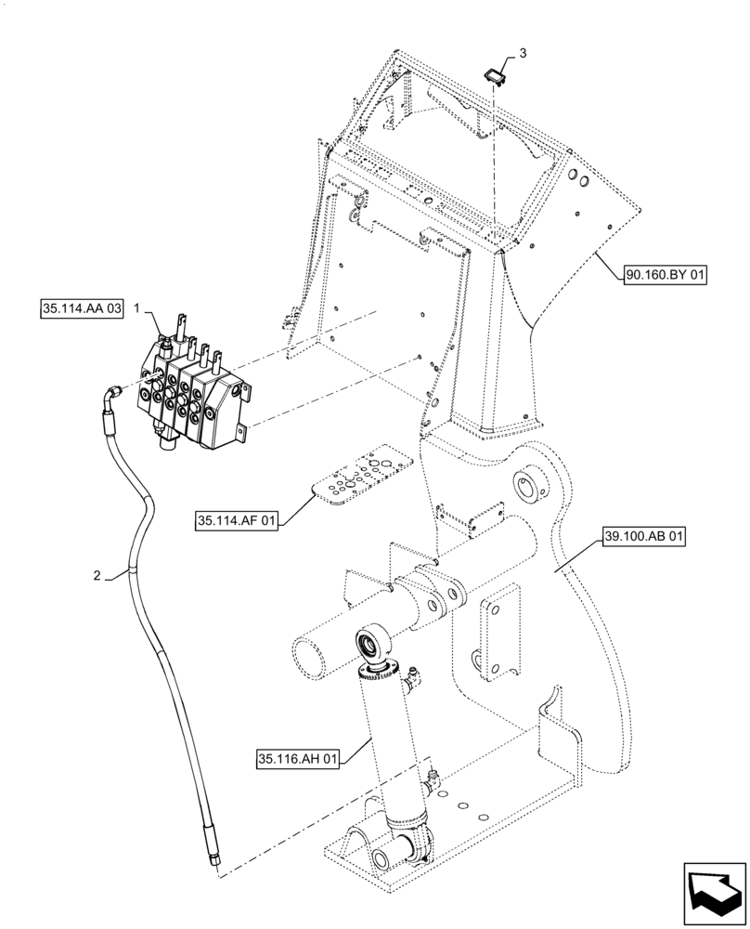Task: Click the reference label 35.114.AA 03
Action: click(82, 309)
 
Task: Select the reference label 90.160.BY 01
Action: click(666, 274)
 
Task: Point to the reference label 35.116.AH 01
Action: click(301, 760)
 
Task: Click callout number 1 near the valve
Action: click(136, 307)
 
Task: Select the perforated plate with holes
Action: click(361, 477)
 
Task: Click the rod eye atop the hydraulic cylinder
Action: click(375, 643)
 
